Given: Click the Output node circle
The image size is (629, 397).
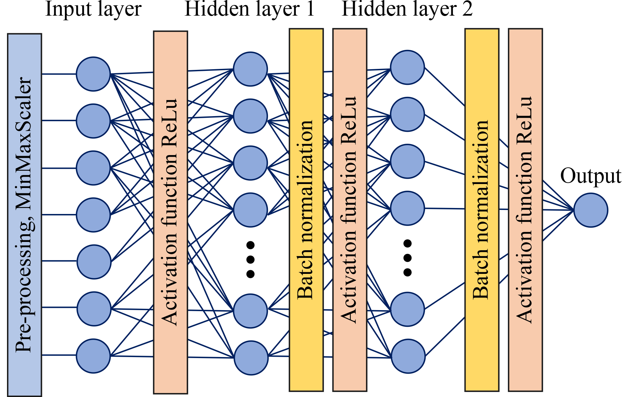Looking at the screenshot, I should [x=591, y=210].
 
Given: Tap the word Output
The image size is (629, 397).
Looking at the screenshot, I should [x=591, y=176].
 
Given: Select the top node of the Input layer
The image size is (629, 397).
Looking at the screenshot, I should [x=93, y=74].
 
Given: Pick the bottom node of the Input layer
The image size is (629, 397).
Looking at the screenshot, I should [x=93, y=356].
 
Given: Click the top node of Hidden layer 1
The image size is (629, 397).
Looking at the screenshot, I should [x=250, y=69].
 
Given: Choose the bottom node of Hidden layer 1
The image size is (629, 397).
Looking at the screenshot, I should [x=251, y=358].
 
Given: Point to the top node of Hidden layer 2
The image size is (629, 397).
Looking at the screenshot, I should [x=407, y=67].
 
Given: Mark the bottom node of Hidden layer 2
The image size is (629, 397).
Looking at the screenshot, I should [x=408, y=356].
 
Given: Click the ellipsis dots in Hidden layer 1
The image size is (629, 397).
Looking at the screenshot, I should [x=250, y=260].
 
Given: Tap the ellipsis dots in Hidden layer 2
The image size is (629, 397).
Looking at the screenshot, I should [x=407, y=258].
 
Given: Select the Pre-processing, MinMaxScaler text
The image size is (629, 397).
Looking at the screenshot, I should [x=24, y=215].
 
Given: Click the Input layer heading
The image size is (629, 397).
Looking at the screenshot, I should [x=93, y=9].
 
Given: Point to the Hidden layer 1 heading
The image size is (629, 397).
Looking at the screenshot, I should [x=249, y=9].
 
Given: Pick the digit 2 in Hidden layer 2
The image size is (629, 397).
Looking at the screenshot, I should [x=467, y=9].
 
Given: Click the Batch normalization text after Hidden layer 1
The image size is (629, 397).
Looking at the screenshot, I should [x=306, y=210].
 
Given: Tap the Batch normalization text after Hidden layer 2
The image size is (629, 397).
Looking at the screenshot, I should [x=481, y=210].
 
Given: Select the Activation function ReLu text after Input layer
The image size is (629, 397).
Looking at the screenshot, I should [x=170, y=212].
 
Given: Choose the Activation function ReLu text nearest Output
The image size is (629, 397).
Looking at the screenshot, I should [x=525, y=210].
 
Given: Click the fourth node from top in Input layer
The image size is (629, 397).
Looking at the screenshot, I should [x=93, y=215].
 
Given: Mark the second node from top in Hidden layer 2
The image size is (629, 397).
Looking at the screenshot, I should [x=407, y=114].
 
